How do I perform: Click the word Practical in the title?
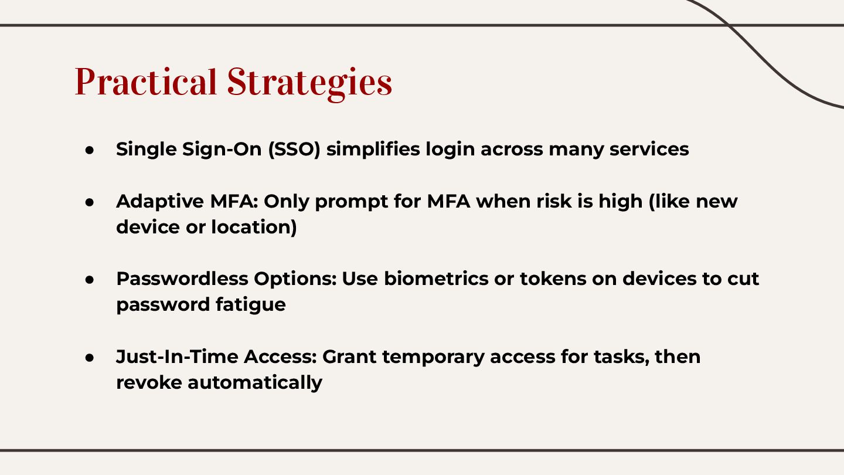click(x=145, y=82)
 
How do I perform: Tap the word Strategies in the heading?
click(x=309, y=82)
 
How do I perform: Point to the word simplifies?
click(x=373, y=149)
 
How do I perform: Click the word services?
click(x=649, y=149)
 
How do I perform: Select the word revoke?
click(x=149, y=382)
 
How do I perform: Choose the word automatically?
click(x=255, y=382)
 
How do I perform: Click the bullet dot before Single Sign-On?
click(x=90, y=150)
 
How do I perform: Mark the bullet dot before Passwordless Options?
click(x=90, y=279)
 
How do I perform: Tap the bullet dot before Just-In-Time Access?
click(x=90, y=357)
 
